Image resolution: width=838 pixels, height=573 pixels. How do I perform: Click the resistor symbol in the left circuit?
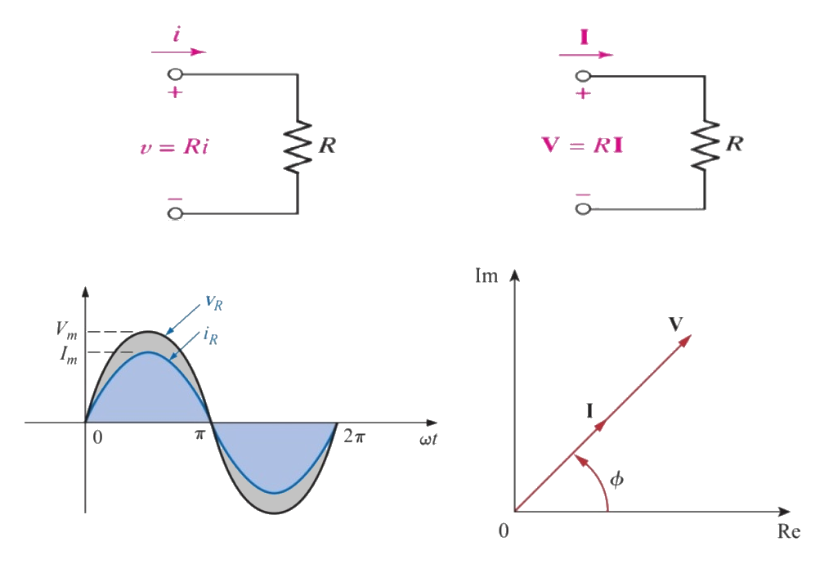[298, 146]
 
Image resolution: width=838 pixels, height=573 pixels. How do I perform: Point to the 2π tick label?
[354, 436]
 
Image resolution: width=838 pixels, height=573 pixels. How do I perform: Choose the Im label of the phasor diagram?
[486, 276]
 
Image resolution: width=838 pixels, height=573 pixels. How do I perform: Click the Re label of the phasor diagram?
[788, 532]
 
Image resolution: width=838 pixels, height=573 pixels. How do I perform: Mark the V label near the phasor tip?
[675, 324]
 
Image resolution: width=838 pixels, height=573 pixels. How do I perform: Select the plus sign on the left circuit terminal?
[174, 93]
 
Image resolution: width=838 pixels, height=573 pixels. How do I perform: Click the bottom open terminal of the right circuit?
[582, 208]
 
